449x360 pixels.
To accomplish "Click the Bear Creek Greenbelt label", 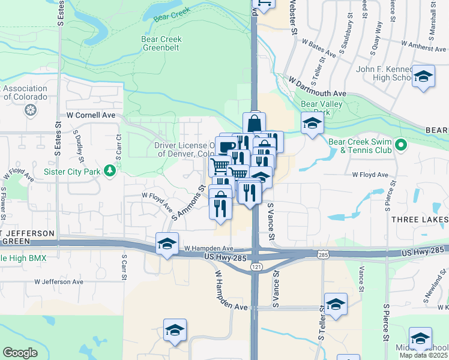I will pos(161,44).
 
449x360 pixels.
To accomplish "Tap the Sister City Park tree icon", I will pos(110,171).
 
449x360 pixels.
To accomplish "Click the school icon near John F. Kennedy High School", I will pos(423,77).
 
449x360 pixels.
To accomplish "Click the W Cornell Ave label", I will pos(91,115).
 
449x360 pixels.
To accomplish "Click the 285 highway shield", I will pos(323,255).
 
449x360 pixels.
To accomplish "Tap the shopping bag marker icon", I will pos(254,123).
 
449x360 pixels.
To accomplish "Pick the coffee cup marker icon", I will pos(226,146).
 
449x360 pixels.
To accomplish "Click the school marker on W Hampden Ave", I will pos(167,244).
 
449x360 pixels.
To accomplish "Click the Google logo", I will pos(20,353).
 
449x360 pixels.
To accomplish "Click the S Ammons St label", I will pos(187,203).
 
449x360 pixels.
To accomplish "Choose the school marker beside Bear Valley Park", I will pos(312,124).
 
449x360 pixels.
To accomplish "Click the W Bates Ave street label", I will pos(319,48).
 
